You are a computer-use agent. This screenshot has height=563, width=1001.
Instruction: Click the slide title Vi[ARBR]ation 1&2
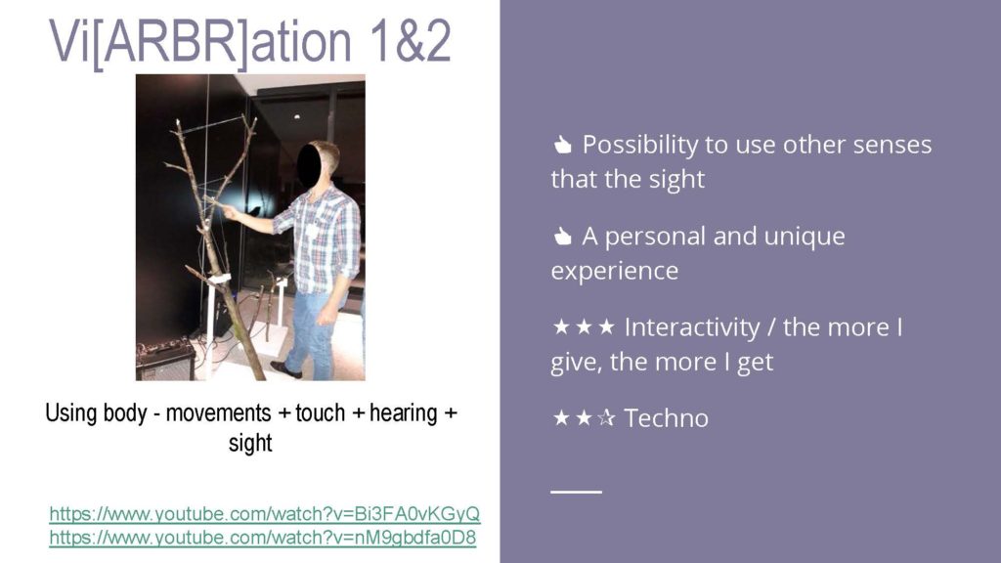(250, 42)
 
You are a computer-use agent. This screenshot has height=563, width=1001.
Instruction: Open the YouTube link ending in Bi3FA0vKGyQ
(264, 514)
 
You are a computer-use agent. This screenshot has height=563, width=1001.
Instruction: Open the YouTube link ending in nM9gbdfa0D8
(262, 538)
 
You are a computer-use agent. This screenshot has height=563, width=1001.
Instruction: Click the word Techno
(666, 418)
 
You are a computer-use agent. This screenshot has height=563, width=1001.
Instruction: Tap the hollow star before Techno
(606, 417)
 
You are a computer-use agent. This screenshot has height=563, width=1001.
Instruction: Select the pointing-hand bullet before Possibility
(562, 145)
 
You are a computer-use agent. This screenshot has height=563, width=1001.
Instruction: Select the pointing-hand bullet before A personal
(562, 237)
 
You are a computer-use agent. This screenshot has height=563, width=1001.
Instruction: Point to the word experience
(615, 272)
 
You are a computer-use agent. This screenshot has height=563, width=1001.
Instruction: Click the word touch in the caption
(320, 413)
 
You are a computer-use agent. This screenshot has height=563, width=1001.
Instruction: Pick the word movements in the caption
(218, 413)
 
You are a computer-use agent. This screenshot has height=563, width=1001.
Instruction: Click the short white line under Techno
(576, 492)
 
